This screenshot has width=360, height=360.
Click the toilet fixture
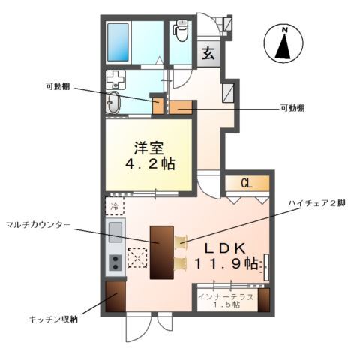point(180,31)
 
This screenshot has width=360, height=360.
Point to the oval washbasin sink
point(115,103)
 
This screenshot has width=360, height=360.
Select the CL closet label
point(244,183)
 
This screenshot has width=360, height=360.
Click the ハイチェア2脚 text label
point(318,203)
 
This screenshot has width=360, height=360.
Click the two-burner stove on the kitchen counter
point(115,262)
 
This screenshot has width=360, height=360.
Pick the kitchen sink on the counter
point(115,232)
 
